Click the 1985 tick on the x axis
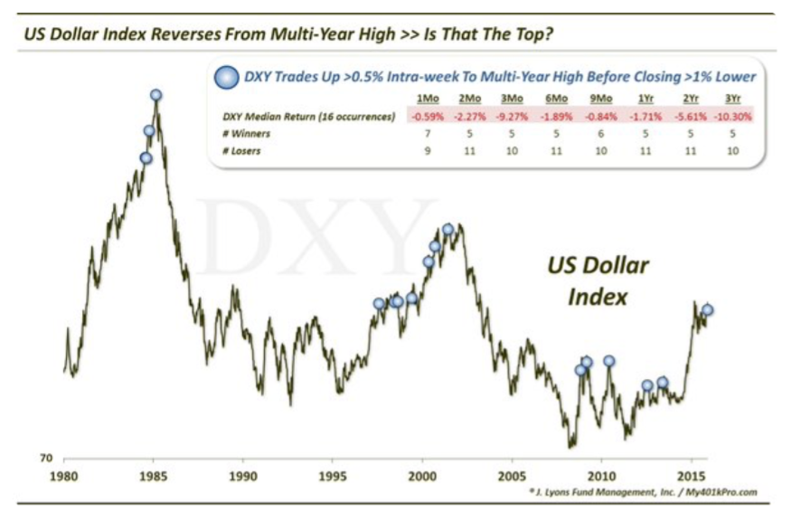point(153,475)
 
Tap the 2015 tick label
point(692,475)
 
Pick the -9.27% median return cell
point(513,117)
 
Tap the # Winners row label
point(246,134)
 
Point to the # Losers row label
point(243,151)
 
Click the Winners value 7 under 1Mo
point(425,134)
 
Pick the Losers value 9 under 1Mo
point(425,151)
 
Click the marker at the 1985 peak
point(156,95)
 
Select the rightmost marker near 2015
point(708,309)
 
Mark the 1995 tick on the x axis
point(332,475)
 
